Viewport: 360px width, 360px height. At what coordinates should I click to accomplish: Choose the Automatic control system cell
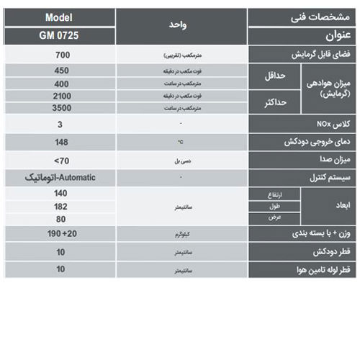[x=61, y=177]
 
